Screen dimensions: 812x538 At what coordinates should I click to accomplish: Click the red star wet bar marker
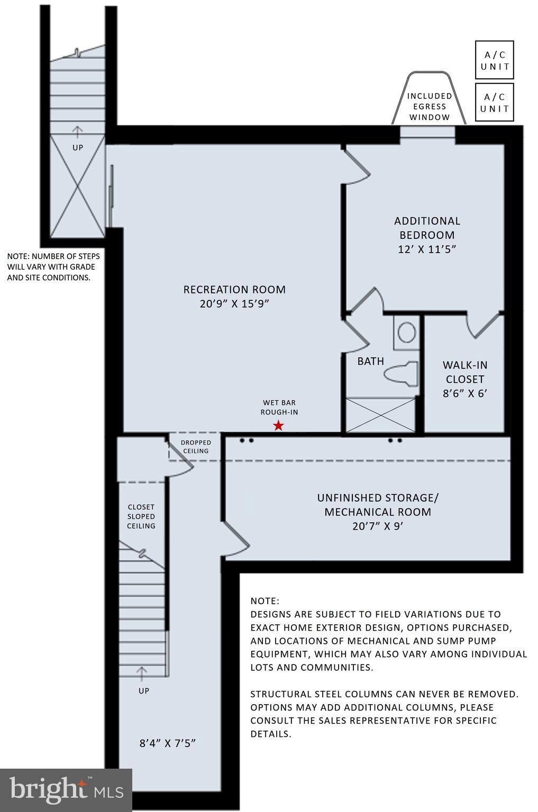[x=278, y=426]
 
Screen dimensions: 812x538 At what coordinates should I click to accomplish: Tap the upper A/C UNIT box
[x=494, y=60]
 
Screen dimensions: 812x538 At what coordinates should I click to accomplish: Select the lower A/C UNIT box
[x=494, y=103]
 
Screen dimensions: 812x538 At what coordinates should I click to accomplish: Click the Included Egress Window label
[x=430, y=106]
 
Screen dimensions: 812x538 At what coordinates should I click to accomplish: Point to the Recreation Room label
[x=234, y=290]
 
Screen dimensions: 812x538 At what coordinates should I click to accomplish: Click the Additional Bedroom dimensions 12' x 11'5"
[x=427, y=249]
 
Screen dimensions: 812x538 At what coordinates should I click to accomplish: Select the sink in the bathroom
[x=406, y=333]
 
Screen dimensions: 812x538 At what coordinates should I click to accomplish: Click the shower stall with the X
[x=380, y=415]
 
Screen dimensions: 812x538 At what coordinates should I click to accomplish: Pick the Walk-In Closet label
[x=465, y=372]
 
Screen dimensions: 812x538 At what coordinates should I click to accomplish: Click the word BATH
[x=370, y=362]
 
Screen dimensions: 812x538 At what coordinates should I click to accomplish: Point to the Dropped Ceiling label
[x=196, y=447]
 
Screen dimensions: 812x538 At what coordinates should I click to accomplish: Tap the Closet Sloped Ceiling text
[x=141, y=516]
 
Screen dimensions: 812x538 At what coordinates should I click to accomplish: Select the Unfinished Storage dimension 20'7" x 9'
[x=378, y=526]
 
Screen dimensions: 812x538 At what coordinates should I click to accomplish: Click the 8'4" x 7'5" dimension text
[x=168, y=743]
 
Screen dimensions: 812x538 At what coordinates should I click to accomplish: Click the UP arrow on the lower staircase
[x=142, y=673]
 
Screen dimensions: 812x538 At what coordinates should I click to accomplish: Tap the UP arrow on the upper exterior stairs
[x=78, y=131]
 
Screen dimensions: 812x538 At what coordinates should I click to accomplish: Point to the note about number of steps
[x=53, y=267]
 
